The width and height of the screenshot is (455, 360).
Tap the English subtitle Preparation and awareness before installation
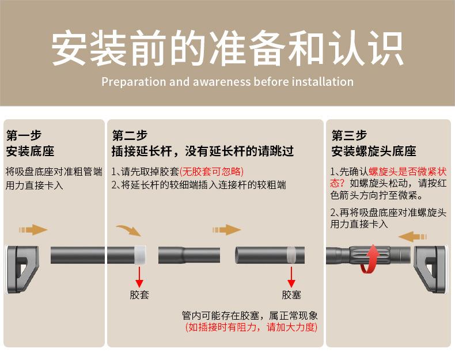click(x=227, y=81)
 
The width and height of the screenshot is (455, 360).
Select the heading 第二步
click(x=130, y=136)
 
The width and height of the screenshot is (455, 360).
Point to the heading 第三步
click(x=349, y=136)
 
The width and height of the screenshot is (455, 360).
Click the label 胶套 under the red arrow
click(x=139, y=295)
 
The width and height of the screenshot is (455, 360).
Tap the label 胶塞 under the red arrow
click(x=291, y=295)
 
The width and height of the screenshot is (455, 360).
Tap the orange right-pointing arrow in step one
click(x=33, y=230)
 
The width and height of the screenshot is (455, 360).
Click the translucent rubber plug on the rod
click(x=291, y=254)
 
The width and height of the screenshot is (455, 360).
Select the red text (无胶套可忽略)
click(x=211, y=172)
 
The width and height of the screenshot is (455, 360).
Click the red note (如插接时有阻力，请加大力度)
click(x=251, y=328)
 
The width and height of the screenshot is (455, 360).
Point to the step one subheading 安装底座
click(x=30, y=151)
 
